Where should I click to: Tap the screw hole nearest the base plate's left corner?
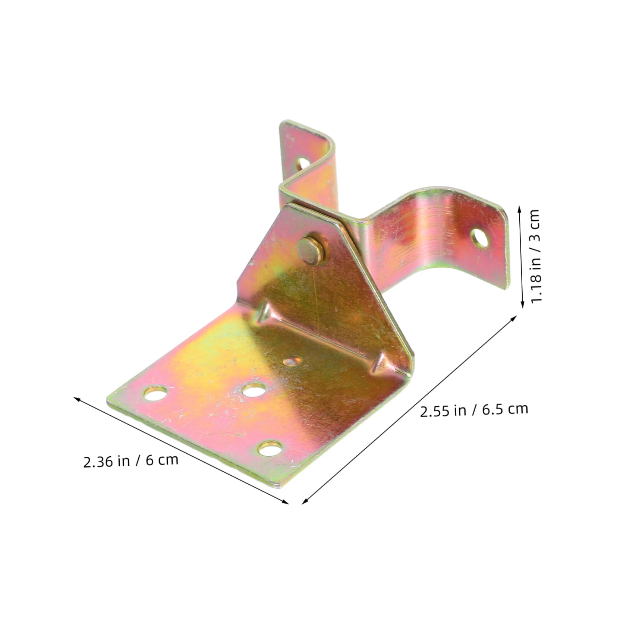[x=155, y=393]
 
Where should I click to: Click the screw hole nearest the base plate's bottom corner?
[x=270, y=448]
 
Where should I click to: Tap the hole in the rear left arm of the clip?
[x=302, y=163]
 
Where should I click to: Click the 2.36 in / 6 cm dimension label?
[x=130, y=461]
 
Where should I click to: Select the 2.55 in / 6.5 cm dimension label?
[x=474, y=410]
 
